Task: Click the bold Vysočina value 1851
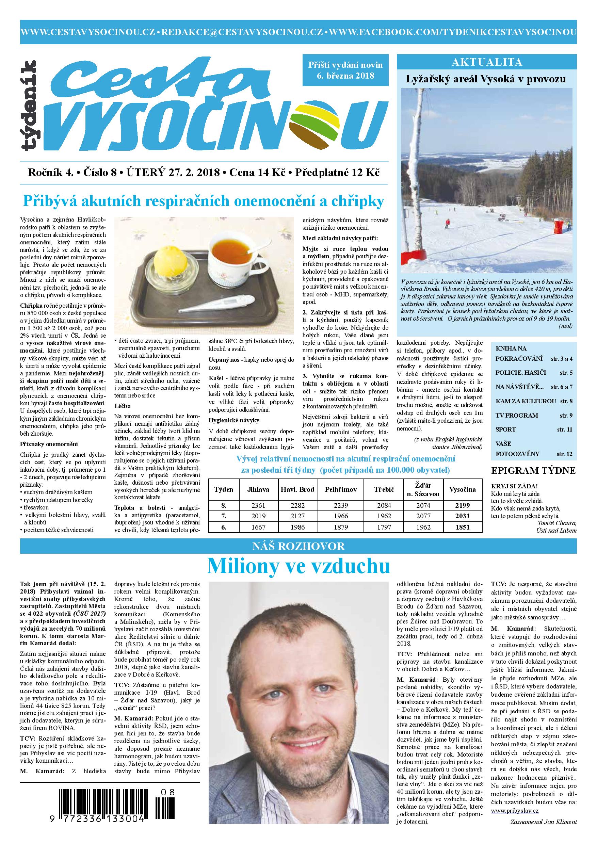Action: click(x=463, y=527)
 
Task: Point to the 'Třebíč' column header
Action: click(x=384, y=489)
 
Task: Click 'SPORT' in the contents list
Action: click(x=505, y=429)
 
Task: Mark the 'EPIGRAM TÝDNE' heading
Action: click(x=533, y=471)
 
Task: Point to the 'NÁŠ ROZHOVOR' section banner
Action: click(x=298, y=546)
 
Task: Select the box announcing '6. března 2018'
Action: click(x=345, y=70)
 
